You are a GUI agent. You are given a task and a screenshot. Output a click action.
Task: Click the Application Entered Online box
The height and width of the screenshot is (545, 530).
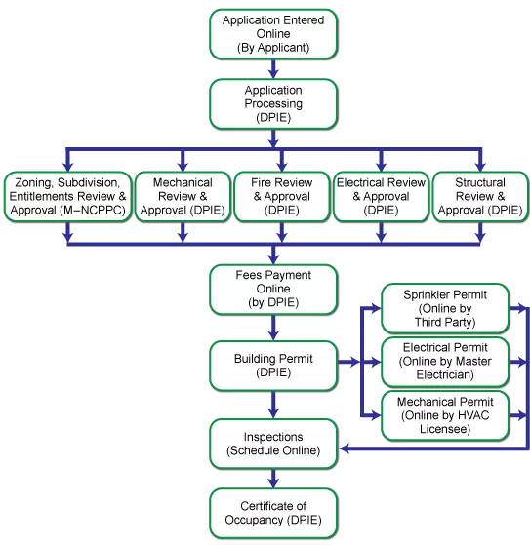(x=273, y=33)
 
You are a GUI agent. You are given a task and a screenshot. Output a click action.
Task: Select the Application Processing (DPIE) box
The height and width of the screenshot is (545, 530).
(x=273, y=103)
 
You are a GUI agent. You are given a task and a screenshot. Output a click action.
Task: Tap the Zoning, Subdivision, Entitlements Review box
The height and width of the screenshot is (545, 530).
(x=66, y=196)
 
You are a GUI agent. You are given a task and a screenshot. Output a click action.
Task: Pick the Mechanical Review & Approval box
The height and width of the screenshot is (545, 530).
(x=182, y=196)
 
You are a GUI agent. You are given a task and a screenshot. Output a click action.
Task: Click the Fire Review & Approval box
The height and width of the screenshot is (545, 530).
(x=281, y=196)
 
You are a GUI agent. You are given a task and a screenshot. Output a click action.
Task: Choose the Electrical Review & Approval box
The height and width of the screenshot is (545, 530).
(x=381, y=196)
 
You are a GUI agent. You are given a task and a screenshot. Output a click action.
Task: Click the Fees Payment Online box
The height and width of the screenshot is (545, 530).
(x=273, y=289)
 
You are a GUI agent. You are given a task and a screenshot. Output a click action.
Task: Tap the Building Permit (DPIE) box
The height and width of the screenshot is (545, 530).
(x=273, y=365)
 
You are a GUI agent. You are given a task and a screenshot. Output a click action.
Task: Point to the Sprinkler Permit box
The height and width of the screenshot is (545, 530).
(x=444, y=309)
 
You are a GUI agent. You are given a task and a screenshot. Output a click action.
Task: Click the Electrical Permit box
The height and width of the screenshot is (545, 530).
(x=444, y=362)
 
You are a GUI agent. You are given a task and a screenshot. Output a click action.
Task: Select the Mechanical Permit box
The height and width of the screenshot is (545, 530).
(x=444, y=415)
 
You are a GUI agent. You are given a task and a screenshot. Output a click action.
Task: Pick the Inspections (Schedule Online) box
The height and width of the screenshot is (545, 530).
(x=273, y=444)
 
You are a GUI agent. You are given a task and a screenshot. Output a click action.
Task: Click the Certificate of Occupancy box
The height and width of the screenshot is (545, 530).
(x=273, y=513)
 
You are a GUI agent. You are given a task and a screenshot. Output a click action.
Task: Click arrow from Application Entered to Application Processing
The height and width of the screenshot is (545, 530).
(x=273, y=68)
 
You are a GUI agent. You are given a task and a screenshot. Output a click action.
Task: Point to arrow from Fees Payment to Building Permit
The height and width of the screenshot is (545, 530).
(x=273, y=328)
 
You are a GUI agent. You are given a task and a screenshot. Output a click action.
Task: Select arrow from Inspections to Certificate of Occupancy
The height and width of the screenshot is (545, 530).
(x=273, y=478)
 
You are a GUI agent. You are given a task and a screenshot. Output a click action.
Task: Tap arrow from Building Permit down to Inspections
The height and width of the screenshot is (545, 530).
(x=273, y=404)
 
